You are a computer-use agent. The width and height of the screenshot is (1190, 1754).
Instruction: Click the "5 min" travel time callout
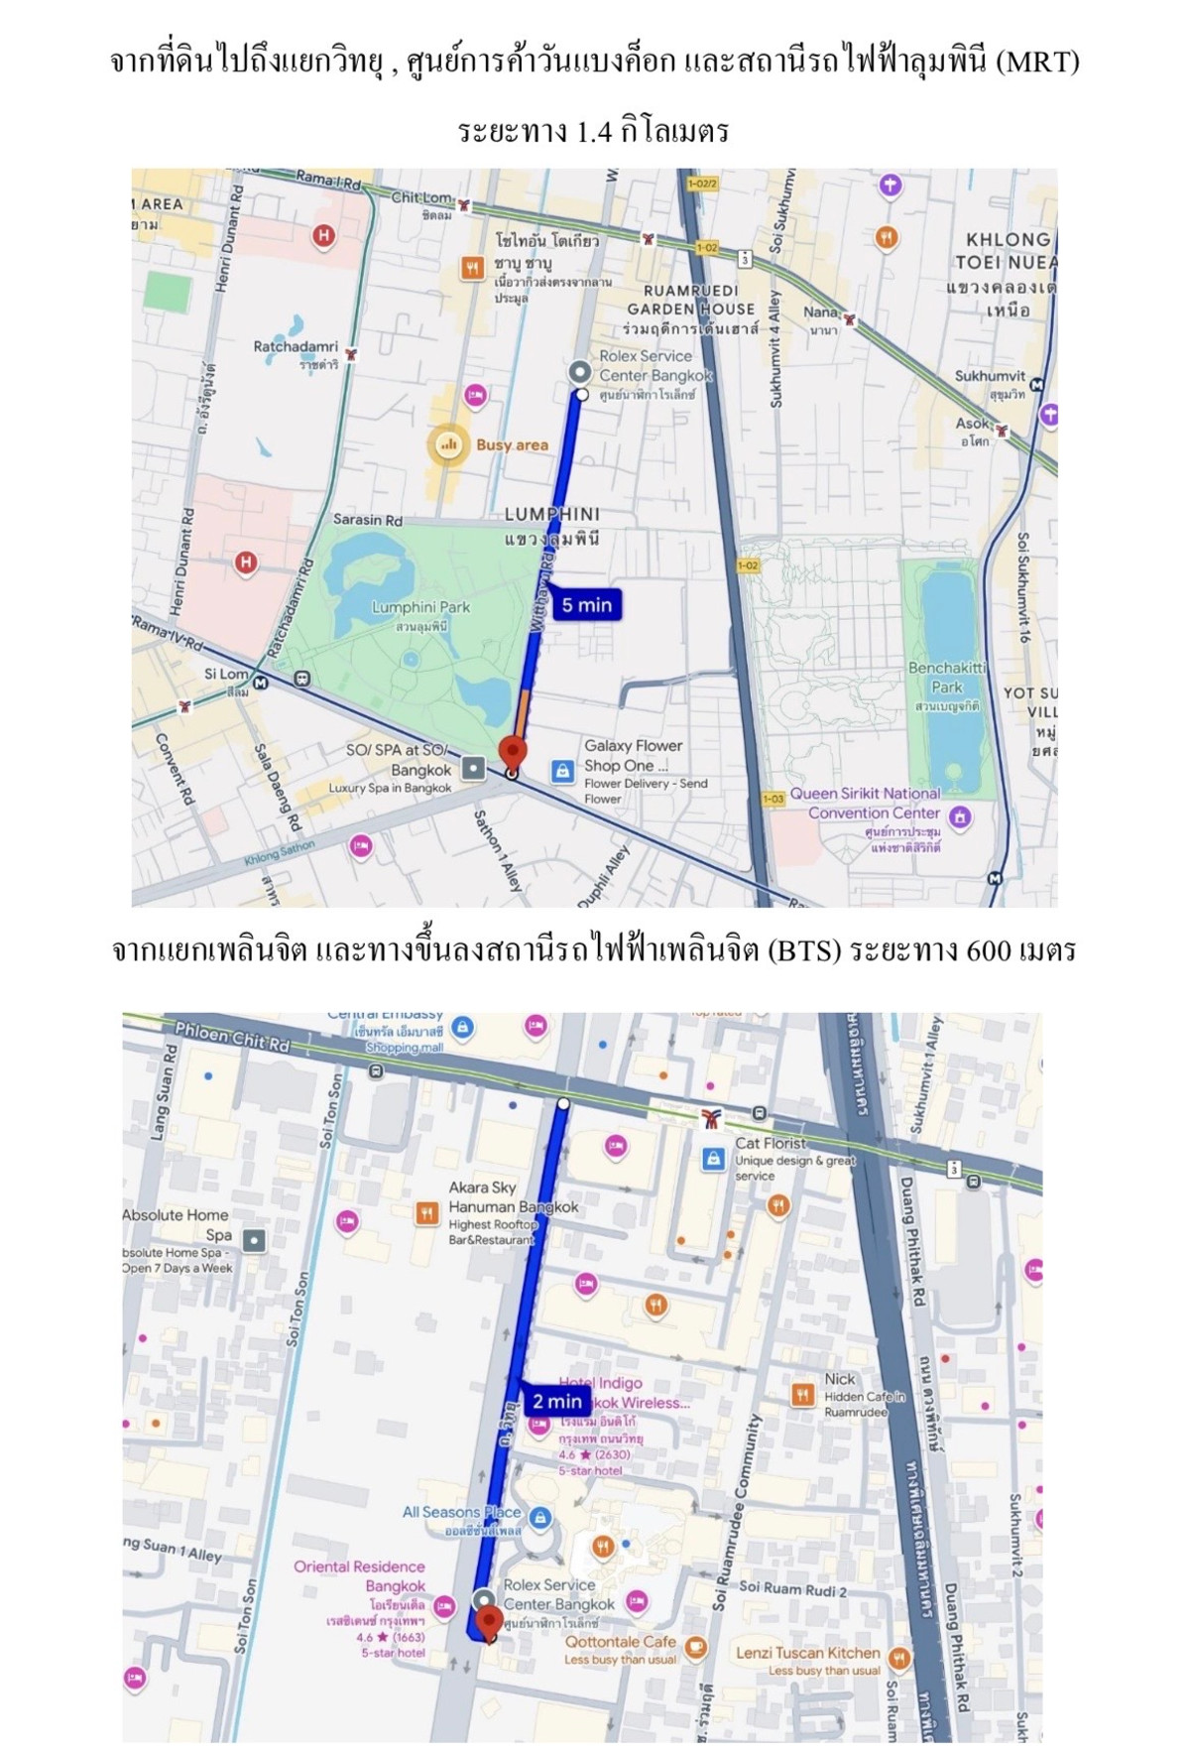(x=587, y=605)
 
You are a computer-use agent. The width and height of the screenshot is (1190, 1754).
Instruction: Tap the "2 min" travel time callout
(x=556, y=1401)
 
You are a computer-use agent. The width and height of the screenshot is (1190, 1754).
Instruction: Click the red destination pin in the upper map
(x=512, y=752)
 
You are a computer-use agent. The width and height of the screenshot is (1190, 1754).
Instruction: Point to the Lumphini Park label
(x=420, y=607)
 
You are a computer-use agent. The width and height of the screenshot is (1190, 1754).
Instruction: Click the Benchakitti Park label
(x=946, y=678)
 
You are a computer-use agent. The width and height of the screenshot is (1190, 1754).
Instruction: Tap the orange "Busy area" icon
(x=448, y=444)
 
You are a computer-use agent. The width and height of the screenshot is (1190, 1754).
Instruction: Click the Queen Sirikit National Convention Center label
(x=865, y=803)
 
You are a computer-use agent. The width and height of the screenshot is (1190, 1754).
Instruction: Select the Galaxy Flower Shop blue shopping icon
(x=562, y=770)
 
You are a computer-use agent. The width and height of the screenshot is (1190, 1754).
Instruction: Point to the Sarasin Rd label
(x=368, y=520)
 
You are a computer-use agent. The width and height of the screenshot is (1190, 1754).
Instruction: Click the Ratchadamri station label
(x=296, y=347)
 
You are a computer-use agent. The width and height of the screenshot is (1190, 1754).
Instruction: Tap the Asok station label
(x=972, y=424)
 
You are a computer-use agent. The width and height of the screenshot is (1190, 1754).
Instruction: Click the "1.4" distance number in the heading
(x=593, y=132)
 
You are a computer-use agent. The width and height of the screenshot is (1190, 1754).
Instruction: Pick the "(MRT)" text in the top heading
(x=1037, y=63)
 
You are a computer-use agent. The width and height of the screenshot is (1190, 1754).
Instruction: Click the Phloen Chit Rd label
(x=232, y=1038)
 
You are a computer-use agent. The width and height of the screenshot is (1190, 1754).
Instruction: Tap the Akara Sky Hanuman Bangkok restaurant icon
(x=427, y=1212)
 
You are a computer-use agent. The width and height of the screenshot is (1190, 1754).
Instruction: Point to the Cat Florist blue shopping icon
(x=713, y=1158)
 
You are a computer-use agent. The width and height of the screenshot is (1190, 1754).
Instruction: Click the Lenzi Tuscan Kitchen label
(x=807, y=1653)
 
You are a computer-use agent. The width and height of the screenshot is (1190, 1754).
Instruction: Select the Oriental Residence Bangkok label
(x=359, y=1575)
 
